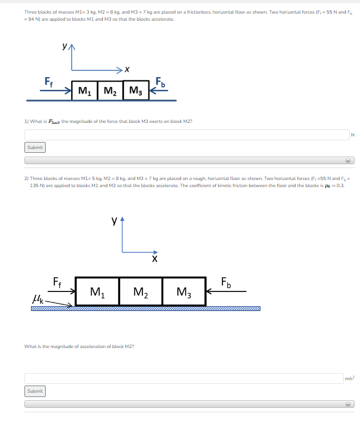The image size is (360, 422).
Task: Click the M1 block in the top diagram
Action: (x=84, y=90)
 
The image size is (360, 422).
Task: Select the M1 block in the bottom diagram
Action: (x=97, y=291)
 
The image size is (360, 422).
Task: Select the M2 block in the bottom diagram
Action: (x=140, y=291)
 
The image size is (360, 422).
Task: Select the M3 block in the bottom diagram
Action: (x=184, y=291)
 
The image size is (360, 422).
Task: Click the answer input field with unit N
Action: (x=185, y=134)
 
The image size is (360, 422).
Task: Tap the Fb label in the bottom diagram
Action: (x=226, y=282)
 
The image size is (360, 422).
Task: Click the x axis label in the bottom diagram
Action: (x=154, y=260)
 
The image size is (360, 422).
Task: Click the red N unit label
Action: (x=352, y=135)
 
